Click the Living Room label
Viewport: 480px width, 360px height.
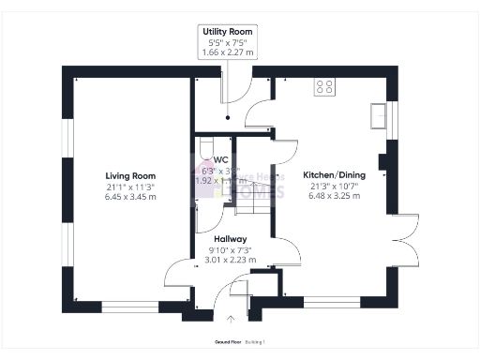[130, 175]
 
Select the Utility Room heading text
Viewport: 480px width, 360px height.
[228, 31]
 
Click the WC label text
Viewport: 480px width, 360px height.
[221, 160]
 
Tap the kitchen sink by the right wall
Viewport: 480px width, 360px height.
[380, 114]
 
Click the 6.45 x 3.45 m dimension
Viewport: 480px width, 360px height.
[130, 198]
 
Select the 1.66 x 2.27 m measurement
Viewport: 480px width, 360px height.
[228, 53]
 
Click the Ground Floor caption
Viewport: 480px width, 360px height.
[229, 343]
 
